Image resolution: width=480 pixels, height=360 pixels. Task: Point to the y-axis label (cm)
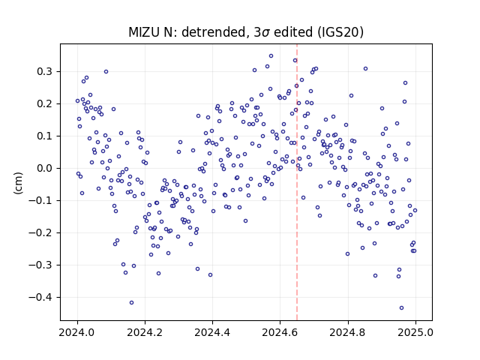[x=18, y=183]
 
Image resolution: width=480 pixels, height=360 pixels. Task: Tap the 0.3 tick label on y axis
[x=45, y=72]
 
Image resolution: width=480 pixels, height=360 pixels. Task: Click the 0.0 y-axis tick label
[x=45, y=168]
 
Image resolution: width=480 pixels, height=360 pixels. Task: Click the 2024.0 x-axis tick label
[x=77, y=332]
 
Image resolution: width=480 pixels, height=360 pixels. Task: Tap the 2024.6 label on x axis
[x=280, y=332]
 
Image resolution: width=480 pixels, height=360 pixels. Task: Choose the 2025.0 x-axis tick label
[x=415, y=332]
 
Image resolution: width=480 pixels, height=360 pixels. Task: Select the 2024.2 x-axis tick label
[x=145, y=332]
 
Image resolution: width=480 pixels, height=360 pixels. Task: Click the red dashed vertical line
[x=297, y=182]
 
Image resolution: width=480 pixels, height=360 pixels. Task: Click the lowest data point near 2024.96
[x=402, y=308]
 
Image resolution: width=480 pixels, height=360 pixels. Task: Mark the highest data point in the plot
[x=271, y=56]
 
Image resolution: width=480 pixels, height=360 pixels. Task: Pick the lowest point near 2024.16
[x=132, y=303]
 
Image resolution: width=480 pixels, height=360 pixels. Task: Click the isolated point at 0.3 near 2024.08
[x=106, y=72]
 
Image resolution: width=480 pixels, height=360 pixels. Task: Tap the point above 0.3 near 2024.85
[x=365, y=69]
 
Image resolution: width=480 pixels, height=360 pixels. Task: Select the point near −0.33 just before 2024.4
[x=210, y=275]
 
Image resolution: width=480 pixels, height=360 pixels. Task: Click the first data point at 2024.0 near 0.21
[x=77, y=100]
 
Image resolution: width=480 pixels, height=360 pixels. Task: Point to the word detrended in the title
[x=214, y=32]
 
